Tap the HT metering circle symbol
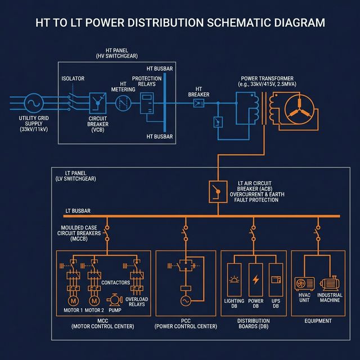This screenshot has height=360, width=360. click(x=123, y=103)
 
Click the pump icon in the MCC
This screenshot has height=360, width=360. click(x=115, y=300)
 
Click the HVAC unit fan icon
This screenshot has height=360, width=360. click(x=304, y=285)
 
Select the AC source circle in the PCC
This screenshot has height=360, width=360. click(x=185, y=301)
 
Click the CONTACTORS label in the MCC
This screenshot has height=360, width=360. click(x=115, y=282)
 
